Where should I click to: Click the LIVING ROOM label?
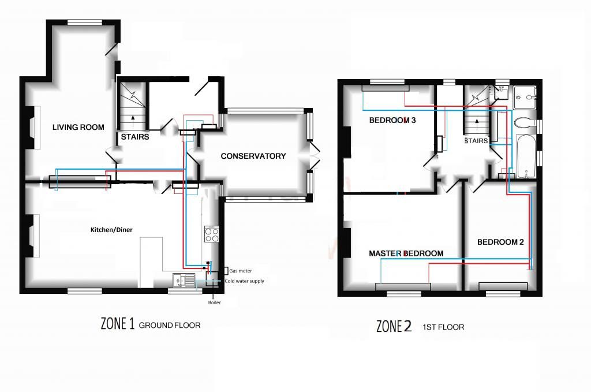78,128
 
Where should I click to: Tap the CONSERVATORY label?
253,156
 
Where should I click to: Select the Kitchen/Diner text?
111,230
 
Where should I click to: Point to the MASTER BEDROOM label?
406,253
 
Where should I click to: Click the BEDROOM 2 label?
500,242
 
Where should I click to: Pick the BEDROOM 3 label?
392,120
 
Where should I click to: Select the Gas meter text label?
241,271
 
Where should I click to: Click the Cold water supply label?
244,281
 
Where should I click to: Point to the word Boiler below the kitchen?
215,303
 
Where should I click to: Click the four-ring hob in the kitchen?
211,234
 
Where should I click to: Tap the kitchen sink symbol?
184,280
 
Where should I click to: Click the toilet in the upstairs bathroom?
525,123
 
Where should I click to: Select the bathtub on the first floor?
526,156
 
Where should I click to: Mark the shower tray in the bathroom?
524,97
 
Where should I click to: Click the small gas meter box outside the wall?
226,271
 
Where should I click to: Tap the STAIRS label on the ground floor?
135,137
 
